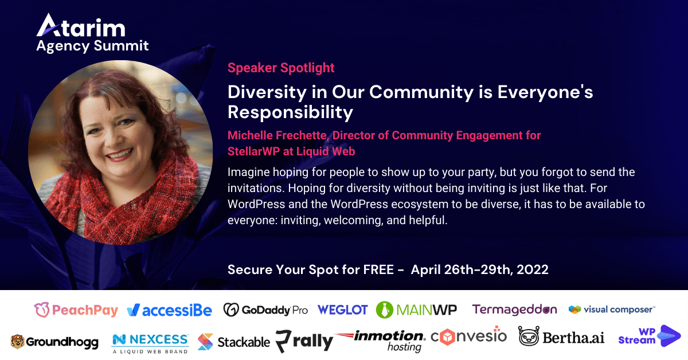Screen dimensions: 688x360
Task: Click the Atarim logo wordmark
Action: coord(81,25)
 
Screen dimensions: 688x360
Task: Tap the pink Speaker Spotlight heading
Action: coord(281,68)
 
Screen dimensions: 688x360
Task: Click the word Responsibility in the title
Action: coord(290,112)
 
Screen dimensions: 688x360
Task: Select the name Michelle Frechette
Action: coord(277,135)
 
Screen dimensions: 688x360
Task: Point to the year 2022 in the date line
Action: coord(533,269)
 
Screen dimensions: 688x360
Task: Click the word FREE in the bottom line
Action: coord(378,269)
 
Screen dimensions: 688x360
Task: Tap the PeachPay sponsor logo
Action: coord(76,310)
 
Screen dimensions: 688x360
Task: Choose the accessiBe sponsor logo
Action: coord(170,310)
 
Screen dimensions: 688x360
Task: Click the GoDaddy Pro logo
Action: coord(265,310)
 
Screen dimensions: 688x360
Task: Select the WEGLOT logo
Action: coord(342,310)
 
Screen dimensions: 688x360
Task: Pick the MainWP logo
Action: coord(416,310)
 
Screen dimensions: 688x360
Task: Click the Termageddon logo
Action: coord(514,310)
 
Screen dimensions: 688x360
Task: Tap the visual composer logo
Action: coord(612,310)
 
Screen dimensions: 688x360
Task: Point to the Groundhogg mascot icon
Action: coord(17,342)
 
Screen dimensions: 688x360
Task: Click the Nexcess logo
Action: coord(150,344)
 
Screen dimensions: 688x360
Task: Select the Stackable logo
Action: coord(234,342)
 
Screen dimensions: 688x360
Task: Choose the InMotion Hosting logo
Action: coord(380,341)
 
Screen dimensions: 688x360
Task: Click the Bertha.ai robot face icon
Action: coord(529,336)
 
